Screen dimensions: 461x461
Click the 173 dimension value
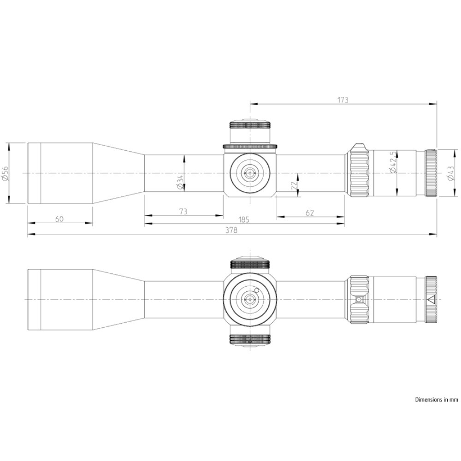point(343,100)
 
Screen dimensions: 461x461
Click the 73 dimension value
point(183,211)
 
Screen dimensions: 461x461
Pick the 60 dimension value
point(59,219)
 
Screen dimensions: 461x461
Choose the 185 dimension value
point(244,219)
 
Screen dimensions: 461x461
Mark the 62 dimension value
point(310,213)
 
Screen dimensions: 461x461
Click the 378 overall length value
point(231,230)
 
